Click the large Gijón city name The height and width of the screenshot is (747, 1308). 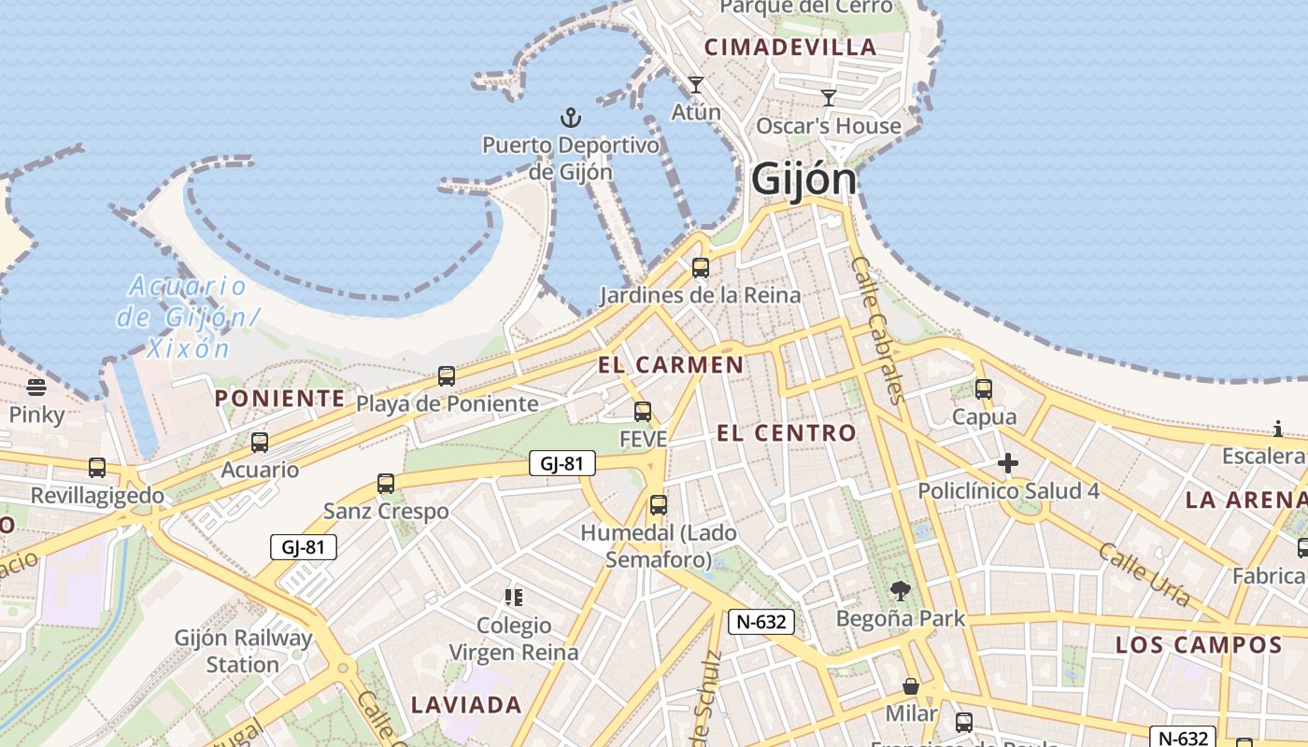tap(803, 178)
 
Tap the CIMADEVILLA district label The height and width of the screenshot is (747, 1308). tap(790, 48)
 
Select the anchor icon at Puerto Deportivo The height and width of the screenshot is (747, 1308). tap(570, 118)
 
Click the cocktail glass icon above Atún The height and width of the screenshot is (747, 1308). tap(696, 85)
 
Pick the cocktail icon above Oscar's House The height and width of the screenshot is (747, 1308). tap(828, 97)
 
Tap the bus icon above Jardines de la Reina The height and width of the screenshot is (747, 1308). tap(700, 268)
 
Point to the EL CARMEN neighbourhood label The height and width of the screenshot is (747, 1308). tap(671, 365)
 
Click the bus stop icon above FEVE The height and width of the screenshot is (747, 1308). tap(643, 411)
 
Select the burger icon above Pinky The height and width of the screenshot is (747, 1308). tap(36, 387)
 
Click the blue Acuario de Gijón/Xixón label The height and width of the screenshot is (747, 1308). tap(187, 317)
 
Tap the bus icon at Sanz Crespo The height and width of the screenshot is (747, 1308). tap(386, 484)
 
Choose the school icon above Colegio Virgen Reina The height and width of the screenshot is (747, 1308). tap(513, 597)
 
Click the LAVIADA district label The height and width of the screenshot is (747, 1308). tap(466, 705)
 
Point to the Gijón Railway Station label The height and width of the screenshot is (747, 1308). tap(243, 652)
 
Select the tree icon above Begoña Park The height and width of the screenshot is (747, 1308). tap(901, 590)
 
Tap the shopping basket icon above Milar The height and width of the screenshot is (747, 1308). tap(911, 687)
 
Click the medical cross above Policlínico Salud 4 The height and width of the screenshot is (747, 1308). tap(1007, 463)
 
